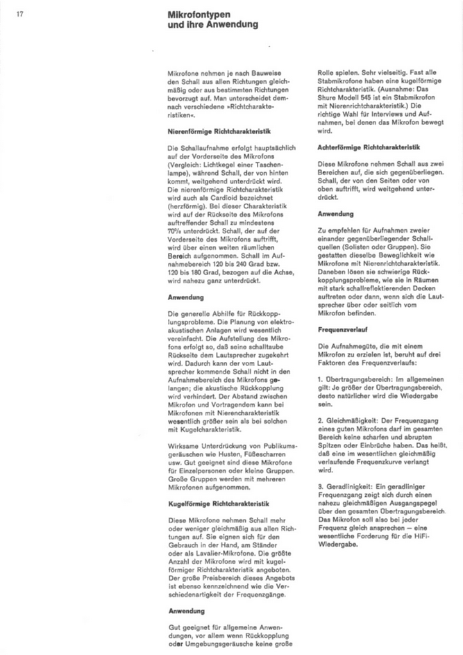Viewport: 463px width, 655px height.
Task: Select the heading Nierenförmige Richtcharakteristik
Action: click(x=219, y=131)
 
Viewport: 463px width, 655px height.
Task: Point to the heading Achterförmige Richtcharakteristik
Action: click(x=369, y=148)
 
